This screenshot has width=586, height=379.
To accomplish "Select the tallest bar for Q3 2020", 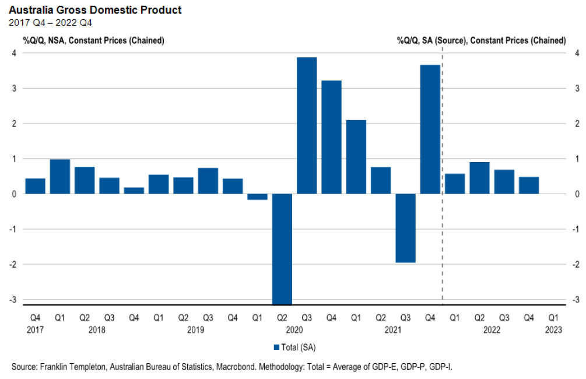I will (307, 125).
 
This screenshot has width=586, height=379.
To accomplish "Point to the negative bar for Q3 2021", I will (405, 228).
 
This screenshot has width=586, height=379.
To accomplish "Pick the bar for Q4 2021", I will (430, 129).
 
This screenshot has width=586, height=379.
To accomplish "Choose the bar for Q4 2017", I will (35, 186).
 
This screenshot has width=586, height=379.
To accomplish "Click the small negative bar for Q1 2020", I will (257, 196).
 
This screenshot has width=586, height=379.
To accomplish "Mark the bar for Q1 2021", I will (356, 157).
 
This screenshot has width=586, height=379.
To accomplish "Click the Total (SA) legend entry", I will (294, 347).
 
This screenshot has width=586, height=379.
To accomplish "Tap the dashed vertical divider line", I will (443, 175).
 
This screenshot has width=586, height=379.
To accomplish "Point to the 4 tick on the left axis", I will (14, 53).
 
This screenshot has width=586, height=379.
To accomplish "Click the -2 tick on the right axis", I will (576, 264).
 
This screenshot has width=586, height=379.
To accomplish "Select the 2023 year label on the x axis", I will (553, 330).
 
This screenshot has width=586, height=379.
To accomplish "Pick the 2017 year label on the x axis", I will (35, 330).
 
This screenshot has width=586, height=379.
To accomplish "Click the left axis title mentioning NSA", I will (93, 41).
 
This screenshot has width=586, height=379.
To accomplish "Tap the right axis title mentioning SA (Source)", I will (481, 41).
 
